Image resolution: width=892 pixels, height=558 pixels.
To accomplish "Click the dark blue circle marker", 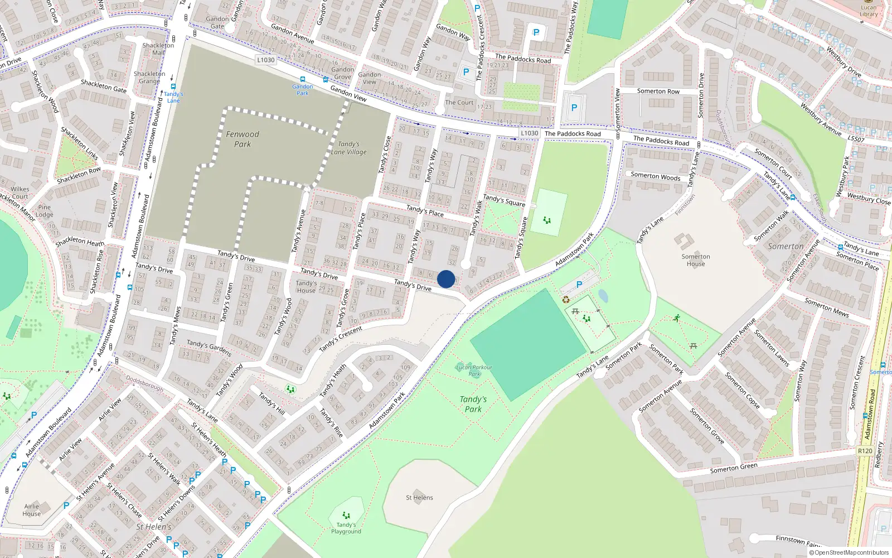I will click(x=446, y=279).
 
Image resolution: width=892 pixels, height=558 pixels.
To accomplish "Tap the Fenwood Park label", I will click(x=243, y=139).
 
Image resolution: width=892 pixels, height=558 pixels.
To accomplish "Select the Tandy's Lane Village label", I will click(x=349, y=148).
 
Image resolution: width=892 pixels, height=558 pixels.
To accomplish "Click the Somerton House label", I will click(x=696, y=260).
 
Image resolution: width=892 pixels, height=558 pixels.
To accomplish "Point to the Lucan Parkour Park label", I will click(x=474, y=371).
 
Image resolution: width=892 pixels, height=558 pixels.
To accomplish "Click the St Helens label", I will click(x=419, y=498).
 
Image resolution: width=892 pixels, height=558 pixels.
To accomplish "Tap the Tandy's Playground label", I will click(x=346, y=528).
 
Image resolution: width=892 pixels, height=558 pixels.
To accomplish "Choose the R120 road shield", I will click(x=865, y=451).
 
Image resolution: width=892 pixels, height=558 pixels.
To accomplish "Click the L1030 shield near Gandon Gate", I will click(x=266, y=60).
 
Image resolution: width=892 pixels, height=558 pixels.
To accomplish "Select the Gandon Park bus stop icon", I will click(x=303, y=80).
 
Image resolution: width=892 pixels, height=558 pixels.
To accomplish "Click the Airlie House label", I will click(x=32, y=510).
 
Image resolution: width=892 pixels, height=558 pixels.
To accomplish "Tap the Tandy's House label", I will click(x=306, y=287).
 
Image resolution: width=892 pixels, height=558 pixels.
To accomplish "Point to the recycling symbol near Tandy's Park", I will click(x=566, y=300).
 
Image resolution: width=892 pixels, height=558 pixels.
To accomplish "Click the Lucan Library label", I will click(x=868, y=11).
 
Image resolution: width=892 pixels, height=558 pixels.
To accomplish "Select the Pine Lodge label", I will click(x=45, y=211).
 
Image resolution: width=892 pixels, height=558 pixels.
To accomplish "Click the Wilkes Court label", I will click(x=20, y=193).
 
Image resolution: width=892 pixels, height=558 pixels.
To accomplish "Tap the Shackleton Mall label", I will click(x=158, y=49).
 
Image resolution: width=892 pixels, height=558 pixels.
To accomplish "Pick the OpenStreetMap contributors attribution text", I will click(x=849, y=553).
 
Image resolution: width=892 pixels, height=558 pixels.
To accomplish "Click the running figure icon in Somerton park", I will click(x=677, y=318).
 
